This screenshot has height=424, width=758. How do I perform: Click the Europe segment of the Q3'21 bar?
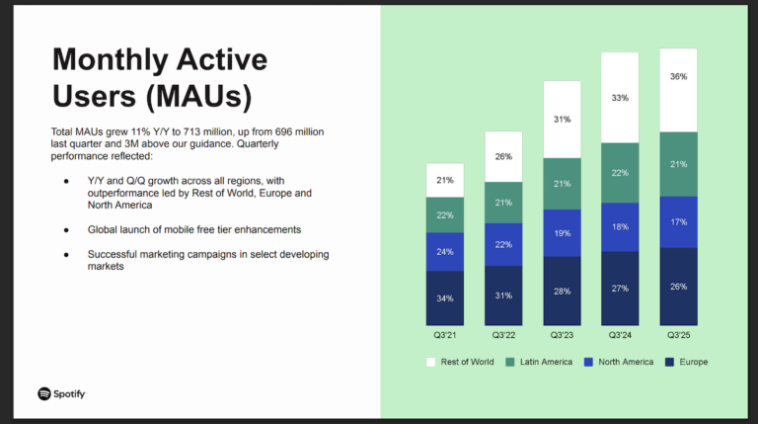click(x=445, y=298)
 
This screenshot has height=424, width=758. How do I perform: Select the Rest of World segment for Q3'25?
click(x=678, y=90)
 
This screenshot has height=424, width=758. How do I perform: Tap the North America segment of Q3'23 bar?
click(x=562, y=232)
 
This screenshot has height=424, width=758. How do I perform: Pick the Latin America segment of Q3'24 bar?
click(x=620, y=173)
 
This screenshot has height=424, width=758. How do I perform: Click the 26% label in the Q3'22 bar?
click(x=503, y=156)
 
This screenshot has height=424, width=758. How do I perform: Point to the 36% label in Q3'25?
click(x=678, y=77)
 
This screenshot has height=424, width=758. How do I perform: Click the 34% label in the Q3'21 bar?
click(x=445, y=298)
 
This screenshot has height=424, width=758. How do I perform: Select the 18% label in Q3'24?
click(x=620, y=227)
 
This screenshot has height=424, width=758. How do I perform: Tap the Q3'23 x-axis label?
click(x=562, y=334)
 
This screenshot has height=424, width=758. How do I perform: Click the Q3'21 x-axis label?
click(x=445, y=334)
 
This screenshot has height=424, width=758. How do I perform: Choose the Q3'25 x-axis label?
click(x=678, y=334)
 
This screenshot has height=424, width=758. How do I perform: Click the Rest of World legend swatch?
click(x=430, y=362)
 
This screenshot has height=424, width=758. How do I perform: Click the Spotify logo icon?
click(x=44, y=393)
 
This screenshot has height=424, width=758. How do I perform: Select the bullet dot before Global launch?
click(x=66, y=229)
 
